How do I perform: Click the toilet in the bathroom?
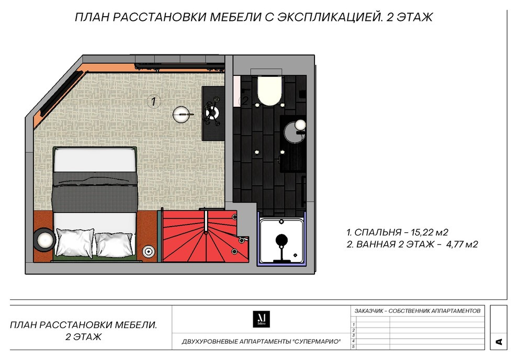(269, 90)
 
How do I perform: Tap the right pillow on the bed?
(115, 243)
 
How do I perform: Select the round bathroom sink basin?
(300, 125)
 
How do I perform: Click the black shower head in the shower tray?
(281, 241)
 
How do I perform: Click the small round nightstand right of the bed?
(149, 252)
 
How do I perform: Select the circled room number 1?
(153, 102)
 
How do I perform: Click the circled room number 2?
(244, 101)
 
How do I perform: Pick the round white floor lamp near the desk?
(181, 114)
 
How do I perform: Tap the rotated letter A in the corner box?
(498, 342)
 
